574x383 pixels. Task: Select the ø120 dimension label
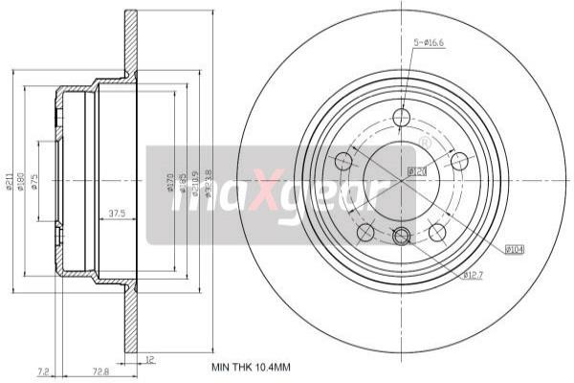[415, 171]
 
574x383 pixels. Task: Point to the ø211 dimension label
[10, 180]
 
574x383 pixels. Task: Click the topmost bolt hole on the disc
[402, 117]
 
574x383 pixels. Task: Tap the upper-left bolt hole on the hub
[342, 160]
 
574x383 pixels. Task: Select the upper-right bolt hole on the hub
[460, 160]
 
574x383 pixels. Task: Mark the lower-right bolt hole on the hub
[437, 232]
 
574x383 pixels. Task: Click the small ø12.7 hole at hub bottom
[402, 236]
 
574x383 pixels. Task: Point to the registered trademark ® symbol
[425, 143]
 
